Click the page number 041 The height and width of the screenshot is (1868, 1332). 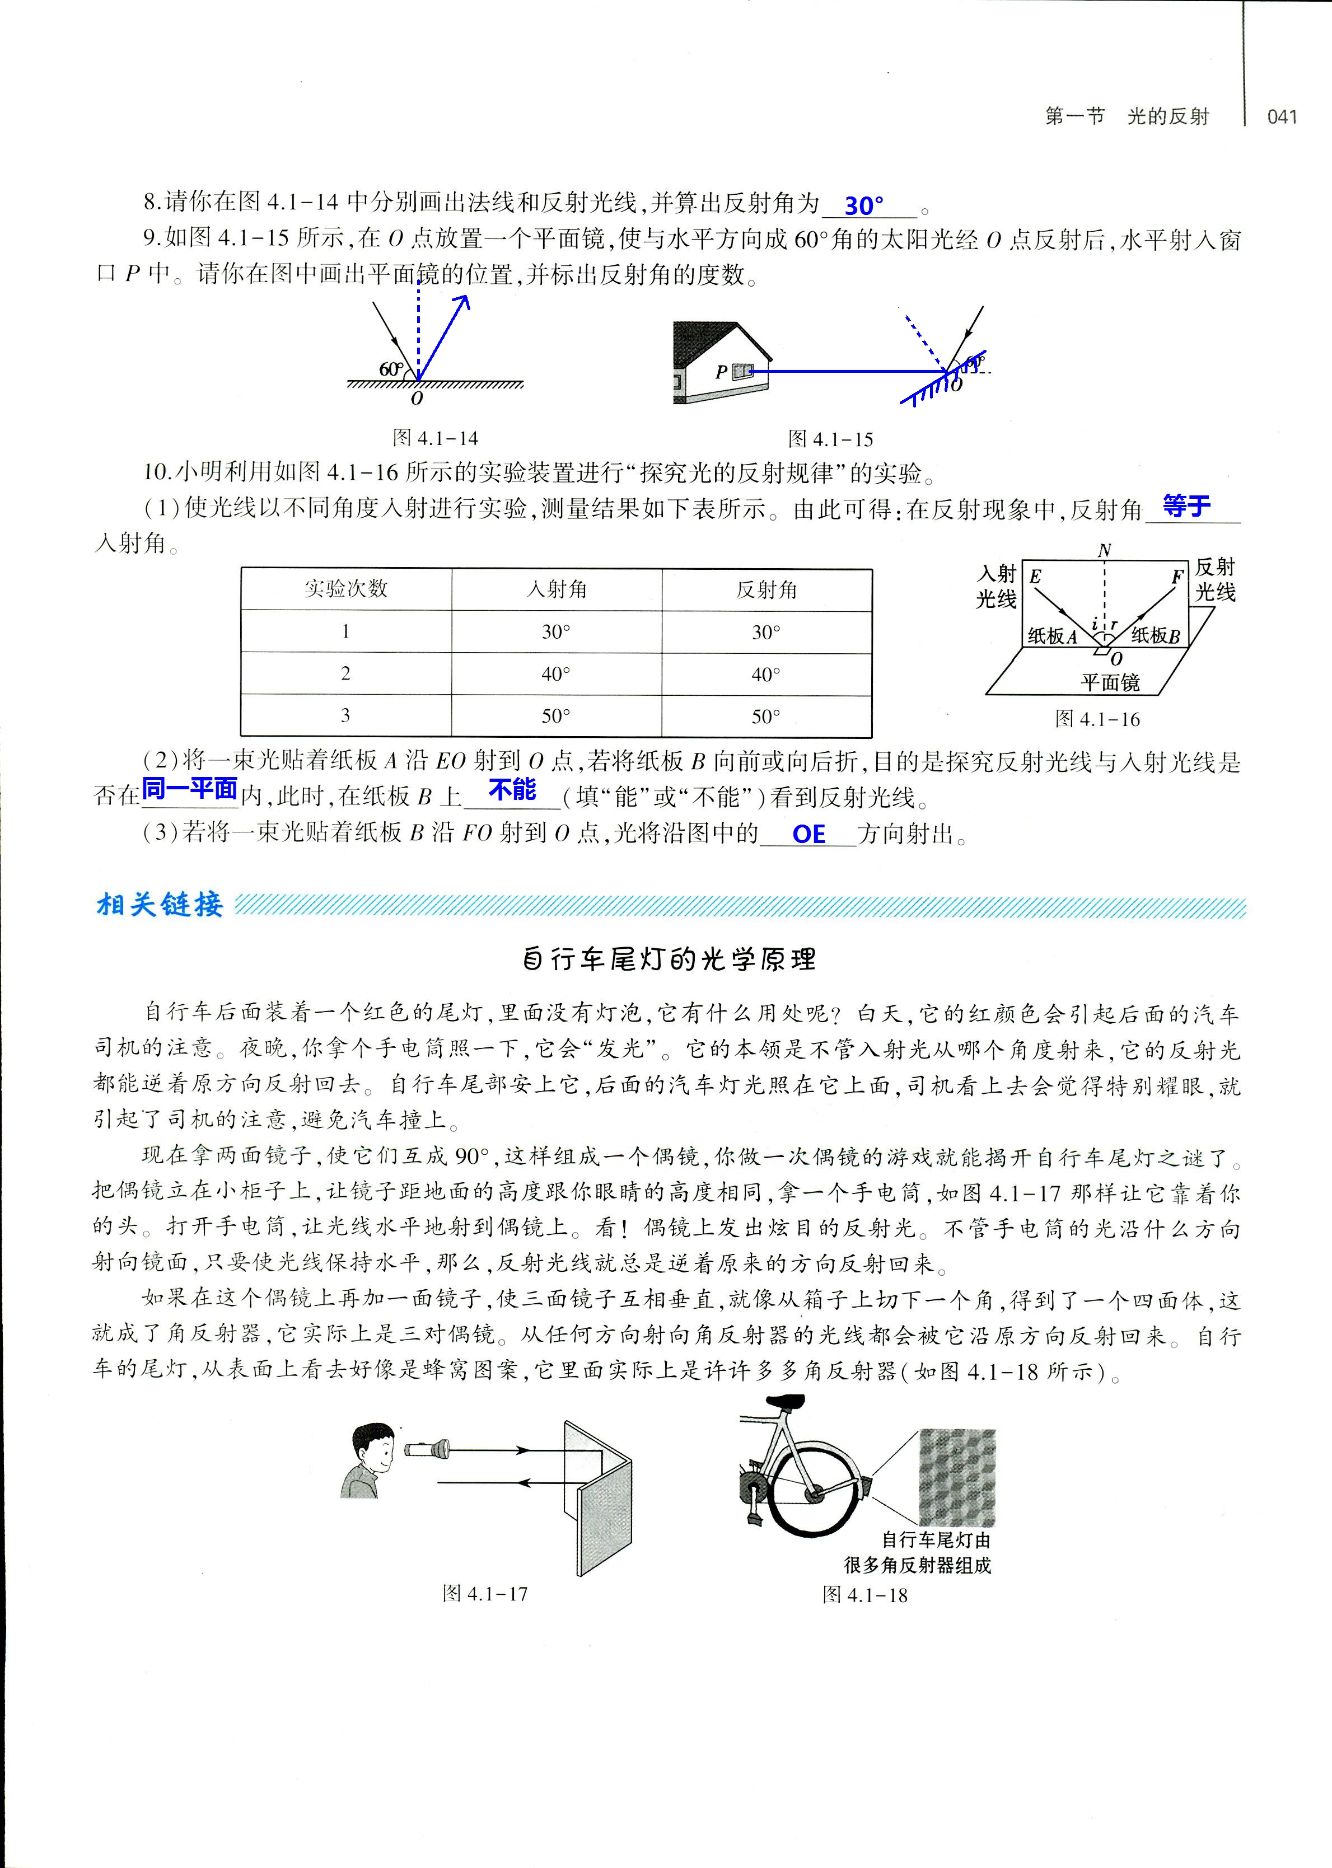[x=1282, y=116]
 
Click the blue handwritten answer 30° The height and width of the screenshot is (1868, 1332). [x=864, y=205]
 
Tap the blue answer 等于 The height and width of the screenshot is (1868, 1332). [x=1186, y=506]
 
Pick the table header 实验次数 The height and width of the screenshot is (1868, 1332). [x=345, y=589]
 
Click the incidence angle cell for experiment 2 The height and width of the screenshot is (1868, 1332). [x=555, y=674]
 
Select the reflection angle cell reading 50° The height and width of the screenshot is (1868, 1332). [x=766, y=717]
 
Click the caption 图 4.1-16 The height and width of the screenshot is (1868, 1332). [x=1097, y=719]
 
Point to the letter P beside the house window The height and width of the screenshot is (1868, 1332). [x=721, y=372]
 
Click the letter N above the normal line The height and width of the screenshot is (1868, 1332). [x=1104, y=550]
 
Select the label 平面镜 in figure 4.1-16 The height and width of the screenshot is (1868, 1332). [x=1110, y=682]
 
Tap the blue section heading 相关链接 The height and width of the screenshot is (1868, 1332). [x=159, y=905]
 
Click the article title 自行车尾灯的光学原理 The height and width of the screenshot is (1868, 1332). [x=669, y=959]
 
